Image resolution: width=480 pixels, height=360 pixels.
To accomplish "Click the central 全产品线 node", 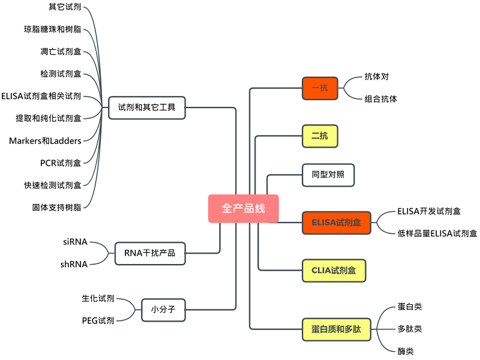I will tap(243, 209).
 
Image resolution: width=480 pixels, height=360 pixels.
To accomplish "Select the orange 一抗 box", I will tap(320, 88).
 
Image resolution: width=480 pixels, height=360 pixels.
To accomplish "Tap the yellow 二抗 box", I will tap(320, 136).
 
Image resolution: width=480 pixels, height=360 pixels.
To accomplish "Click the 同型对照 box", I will tap(328, 175).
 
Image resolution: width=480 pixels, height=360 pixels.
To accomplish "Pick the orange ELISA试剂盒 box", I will tap(336, 222).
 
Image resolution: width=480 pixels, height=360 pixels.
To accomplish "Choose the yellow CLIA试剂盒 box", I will tap(334, 270).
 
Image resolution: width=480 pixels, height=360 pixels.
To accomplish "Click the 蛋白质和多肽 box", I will tap(336, 329).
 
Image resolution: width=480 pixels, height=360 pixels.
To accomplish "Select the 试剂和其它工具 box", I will tap(146, 108).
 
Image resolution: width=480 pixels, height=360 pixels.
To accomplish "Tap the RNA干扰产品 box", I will tap(149, 253).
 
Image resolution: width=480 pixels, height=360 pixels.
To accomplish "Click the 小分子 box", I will tap(163, 310).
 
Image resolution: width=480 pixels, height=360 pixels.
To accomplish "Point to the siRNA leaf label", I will tap(75, 242).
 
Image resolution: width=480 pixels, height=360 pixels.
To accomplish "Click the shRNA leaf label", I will tap(74, 264).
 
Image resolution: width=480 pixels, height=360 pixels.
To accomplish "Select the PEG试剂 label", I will tap(98, 321).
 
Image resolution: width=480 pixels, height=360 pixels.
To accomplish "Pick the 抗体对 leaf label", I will tap(376, 77).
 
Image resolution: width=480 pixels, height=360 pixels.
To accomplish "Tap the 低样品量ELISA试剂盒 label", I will tap(437, 233).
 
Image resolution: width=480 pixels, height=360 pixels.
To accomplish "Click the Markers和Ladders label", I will tap(45, 140).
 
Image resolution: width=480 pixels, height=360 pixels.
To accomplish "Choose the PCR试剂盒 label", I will tap(60, 163).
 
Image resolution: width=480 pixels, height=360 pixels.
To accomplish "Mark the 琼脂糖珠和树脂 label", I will tap(52, 29).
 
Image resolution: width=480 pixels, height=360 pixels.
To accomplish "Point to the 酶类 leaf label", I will tap(405, 351).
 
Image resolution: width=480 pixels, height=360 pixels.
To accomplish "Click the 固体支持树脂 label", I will tap(56, 207).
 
